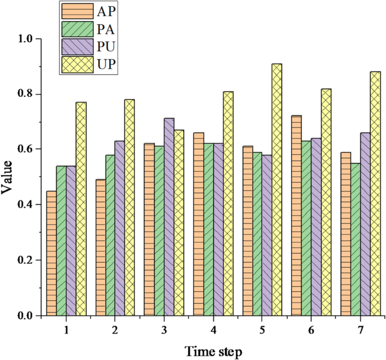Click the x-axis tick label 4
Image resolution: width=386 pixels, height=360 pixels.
[213, 328]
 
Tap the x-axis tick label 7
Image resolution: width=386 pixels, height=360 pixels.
[360, 328]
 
